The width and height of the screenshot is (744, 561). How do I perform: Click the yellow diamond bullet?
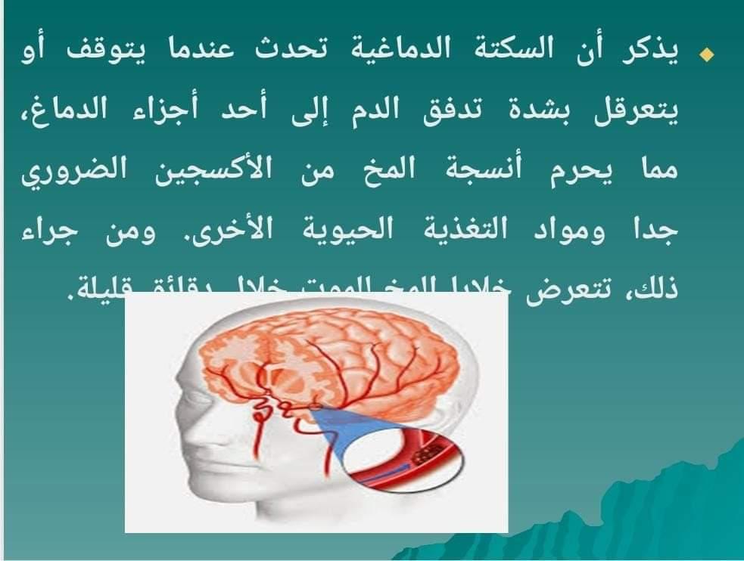click(x=708, y=56)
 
